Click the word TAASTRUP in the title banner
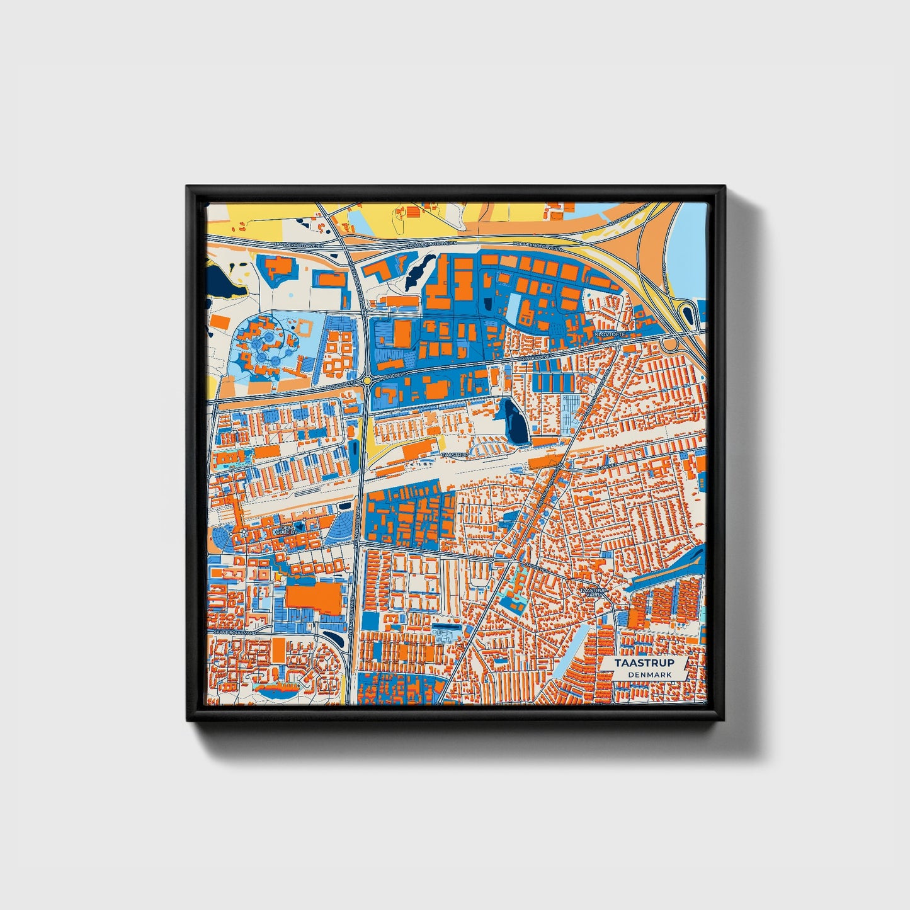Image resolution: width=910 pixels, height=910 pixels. (644, 663)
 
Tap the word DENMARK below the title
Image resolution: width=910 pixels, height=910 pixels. (649, 674)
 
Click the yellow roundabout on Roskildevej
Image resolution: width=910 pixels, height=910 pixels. (367, 381)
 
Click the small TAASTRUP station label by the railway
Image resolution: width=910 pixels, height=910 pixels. (455, 455)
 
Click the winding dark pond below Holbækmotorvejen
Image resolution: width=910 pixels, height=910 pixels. (416, 271)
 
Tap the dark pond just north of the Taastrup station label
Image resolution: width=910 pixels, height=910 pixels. (515, 420)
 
